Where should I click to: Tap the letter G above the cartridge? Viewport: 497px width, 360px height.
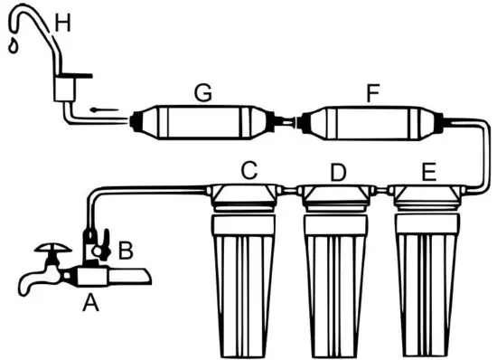point(203,92)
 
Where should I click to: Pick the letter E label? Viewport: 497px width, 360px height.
point(428,169)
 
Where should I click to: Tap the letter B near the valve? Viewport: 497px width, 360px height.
point(126,246)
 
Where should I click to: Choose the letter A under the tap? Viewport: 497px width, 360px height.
point(89,304)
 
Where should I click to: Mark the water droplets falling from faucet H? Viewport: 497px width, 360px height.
point(11,45)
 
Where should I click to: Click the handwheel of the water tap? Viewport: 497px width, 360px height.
point(46,246)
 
